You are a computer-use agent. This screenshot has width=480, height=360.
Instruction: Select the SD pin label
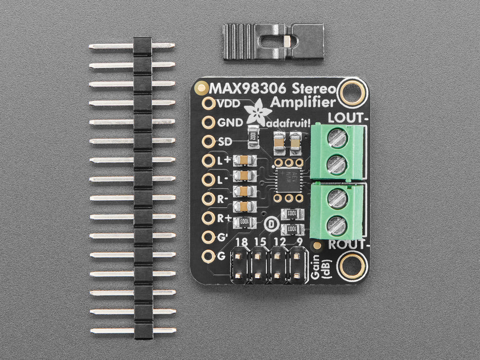223,142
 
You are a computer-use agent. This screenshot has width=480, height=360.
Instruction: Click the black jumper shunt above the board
274,42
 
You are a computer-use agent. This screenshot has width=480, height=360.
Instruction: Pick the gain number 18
242,242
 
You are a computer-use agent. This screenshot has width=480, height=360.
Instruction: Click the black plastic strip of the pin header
143,188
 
